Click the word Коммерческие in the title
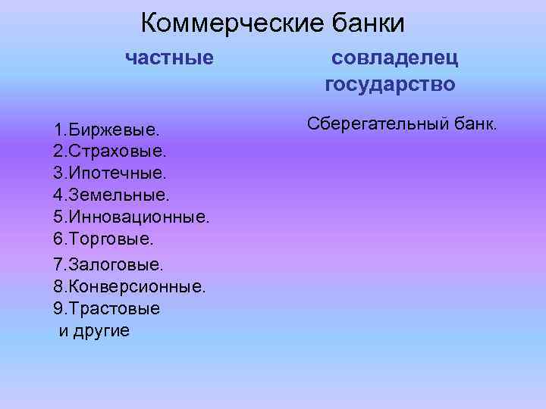pyautogui.click(x=233, y=23)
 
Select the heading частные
pyautogui.click(x=169, y=57)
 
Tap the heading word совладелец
pyautogui.click(x=394, y=57)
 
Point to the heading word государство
pyautogui.click(x=391, y=83)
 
